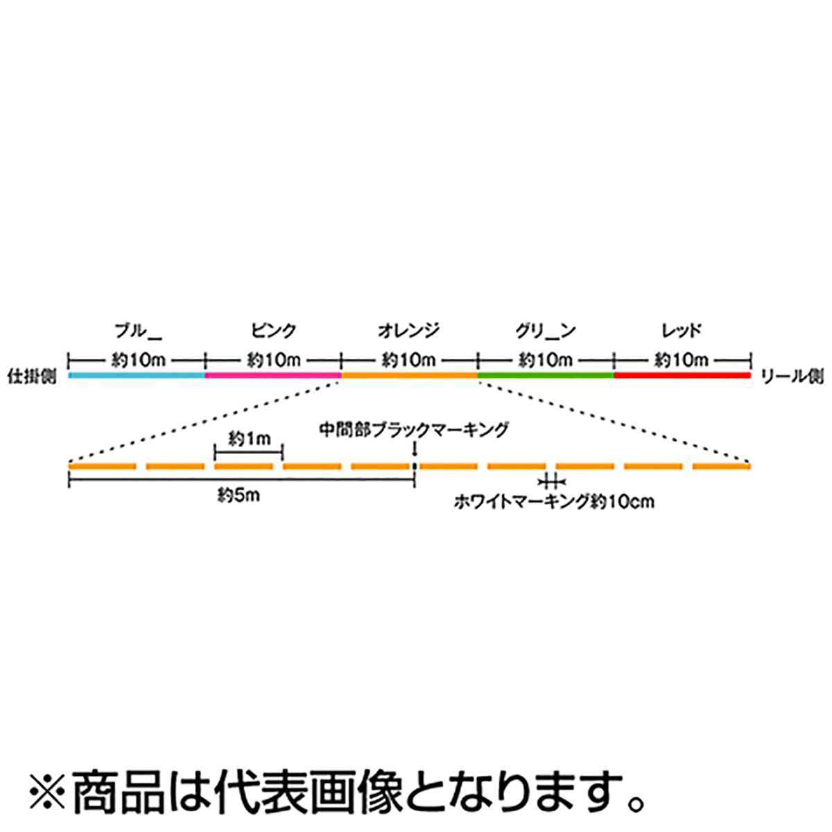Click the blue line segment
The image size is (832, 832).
coord(137,375)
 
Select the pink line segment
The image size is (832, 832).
coord(273,375)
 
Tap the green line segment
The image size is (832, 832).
coord(546,375)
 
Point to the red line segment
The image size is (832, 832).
coord(682,375)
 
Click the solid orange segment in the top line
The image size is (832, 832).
coord(409,375)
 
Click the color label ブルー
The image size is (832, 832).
coord(138,331)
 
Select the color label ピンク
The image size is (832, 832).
coord(274,331)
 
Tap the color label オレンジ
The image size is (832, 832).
coord(409,331)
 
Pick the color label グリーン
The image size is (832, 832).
coord(546,331)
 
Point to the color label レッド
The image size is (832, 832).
coord(682,331)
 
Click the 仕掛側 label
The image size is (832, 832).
coord(33,376)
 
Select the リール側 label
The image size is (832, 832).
coord(792,377)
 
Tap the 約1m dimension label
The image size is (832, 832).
coord(250,439)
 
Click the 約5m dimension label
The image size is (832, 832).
coord(239,496)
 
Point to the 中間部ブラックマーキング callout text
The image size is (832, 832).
coord(414,430)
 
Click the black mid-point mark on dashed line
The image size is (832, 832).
coord(415,467)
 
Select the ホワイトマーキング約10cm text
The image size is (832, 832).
coord(554,502)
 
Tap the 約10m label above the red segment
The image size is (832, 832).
coord(682,360)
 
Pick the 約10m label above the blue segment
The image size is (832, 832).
coord(138,360)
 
